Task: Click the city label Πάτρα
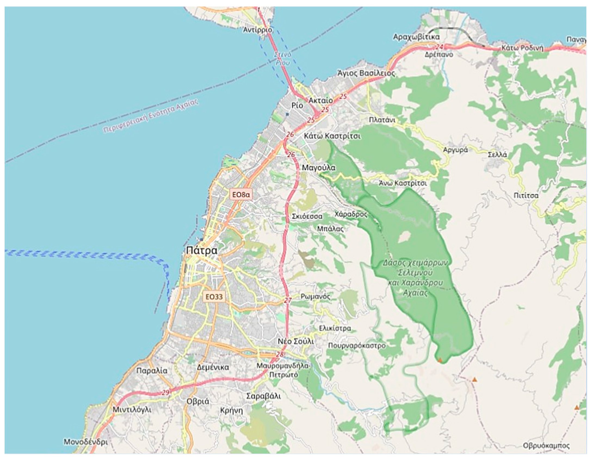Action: click(202, 250)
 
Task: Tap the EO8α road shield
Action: click(241, 195)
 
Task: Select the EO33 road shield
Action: click(214, 297)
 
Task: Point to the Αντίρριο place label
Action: click(257, 30)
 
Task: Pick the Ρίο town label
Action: click(297, 105)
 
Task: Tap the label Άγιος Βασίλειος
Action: click(366, 73)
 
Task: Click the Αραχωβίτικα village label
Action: click(416, 37)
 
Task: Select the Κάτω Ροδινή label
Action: click(522, 48)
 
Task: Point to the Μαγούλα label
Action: click(319, 168)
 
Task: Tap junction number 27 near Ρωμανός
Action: click(288, 301)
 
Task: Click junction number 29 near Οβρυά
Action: click(166, 392)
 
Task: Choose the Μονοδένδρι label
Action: click(86, 442)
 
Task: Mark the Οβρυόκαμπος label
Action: click(546, 445)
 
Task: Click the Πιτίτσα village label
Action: click(526, 195)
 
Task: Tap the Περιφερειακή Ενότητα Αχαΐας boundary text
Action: click(151, 116)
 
